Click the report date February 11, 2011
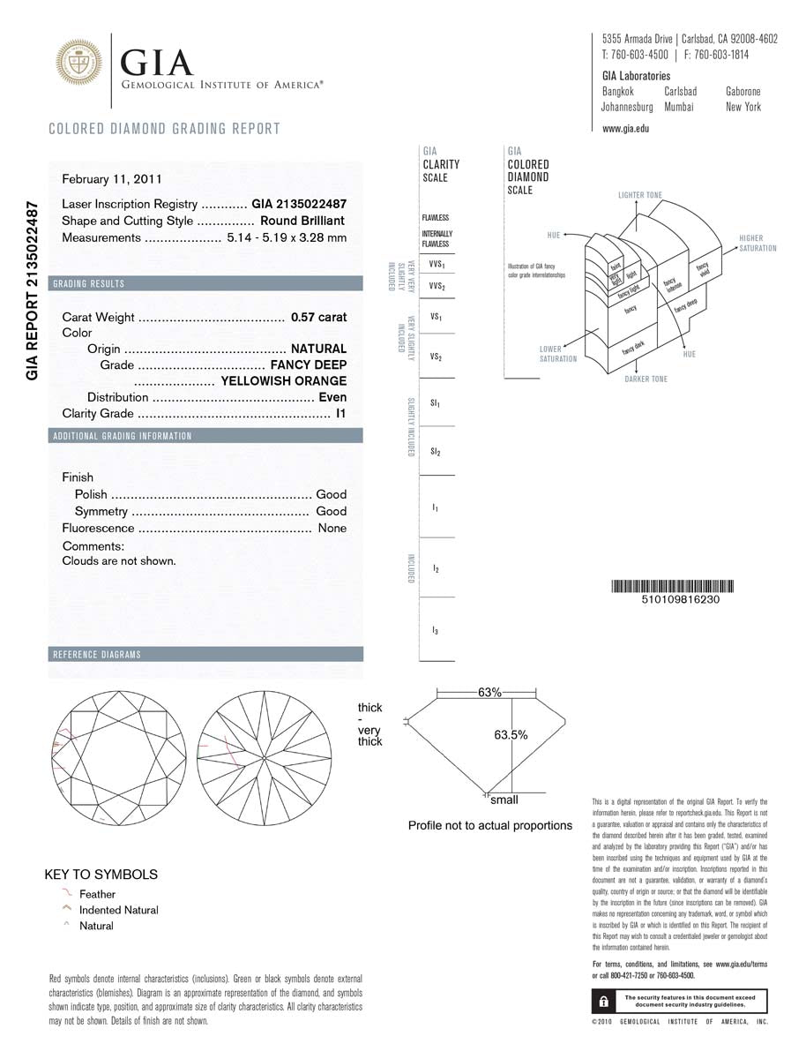(112, 179)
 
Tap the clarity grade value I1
(340, 413)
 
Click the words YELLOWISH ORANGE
(283, 381)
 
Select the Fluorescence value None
(332, 529)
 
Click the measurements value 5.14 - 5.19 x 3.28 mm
(287, 238)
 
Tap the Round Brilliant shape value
(302, 221)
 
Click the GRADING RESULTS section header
(89, 284)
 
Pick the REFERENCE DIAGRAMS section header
(97, 655)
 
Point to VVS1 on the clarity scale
(436, 265)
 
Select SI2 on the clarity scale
(436, 452)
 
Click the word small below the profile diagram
(504, 800)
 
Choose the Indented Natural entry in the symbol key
(119, 910)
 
